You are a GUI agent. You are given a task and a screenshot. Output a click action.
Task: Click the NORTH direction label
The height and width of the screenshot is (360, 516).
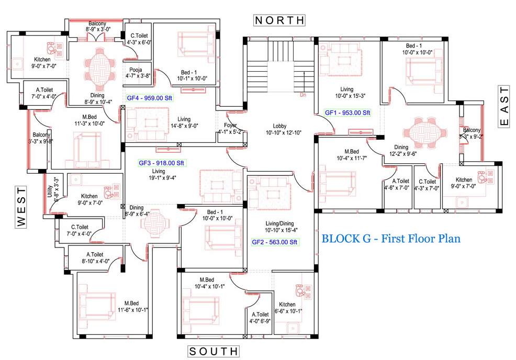pos(279,20)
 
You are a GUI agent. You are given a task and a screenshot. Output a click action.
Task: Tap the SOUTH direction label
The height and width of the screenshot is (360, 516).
pos(213,351)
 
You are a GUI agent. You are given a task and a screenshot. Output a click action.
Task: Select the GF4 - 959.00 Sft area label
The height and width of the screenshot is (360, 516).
pos(149,98)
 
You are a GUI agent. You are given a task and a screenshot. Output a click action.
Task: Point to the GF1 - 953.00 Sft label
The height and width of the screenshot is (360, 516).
pos(347,113)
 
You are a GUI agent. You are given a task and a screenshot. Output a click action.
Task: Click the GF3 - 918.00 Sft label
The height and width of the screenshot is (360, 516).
pos(162,163)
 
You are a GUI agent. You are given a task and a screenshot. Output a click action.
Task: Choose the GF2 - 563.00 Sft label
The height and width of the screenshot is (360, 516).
pos(275,242)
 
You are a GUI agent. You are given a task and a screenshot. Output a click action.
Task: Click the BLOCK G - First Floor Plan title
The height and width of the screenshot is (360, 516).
pos(391,239)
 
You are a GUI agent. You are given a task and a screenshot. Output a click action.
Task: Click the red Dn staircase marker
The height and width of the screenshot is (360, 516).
pos(302,95)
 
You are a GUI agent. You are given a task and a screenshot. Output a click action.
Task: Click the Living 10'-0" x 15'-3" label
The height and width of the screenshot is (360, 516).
pos(346,93)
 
